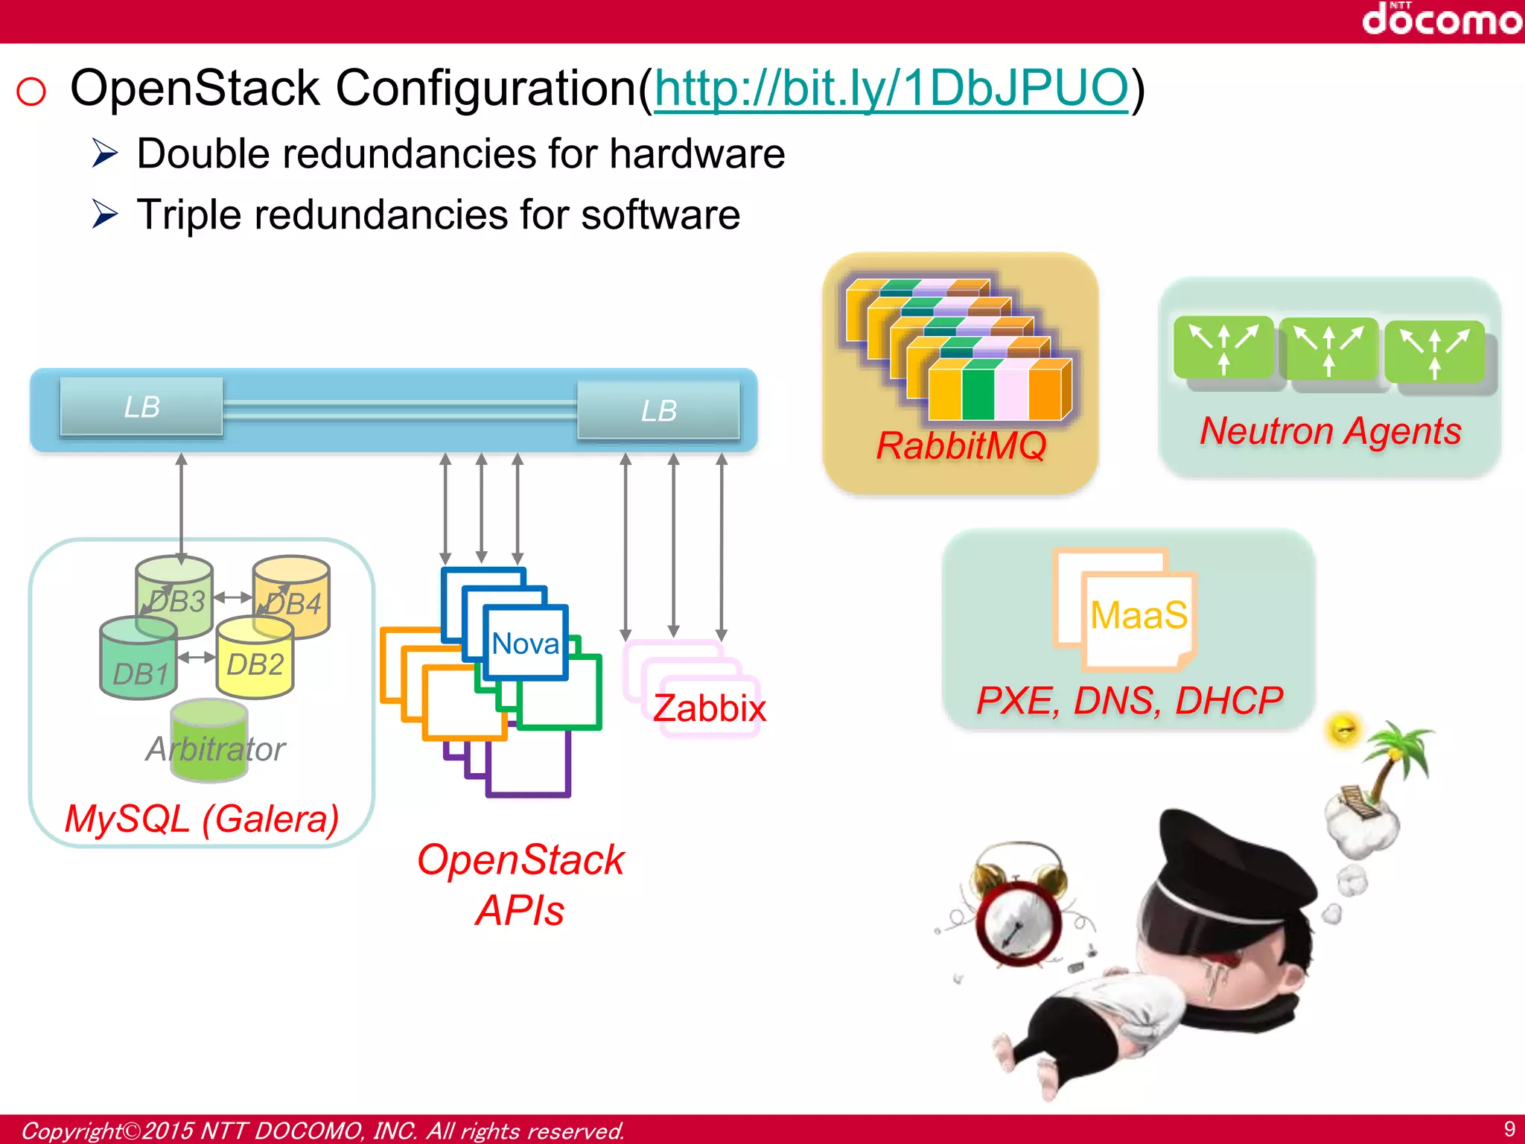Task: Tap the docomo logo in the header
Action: coord(1441,19)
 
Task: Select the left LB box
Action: coord(141,407)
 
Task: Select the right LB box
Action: coord(658,410)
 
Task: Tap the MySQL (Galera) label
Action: coord(201,819)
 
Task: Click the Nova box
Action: coord(526,643)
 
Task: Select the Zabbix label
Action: coord(709,708)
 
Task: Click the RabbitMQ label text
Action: coord(961,445)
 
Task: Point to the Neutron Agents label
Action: coord(1330,431)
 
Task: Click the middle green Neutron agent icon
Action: coord(1329,349)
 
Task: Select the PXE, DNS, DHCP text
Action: coord(1129,700)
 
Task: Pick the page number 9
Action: coord(1509,1128)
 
